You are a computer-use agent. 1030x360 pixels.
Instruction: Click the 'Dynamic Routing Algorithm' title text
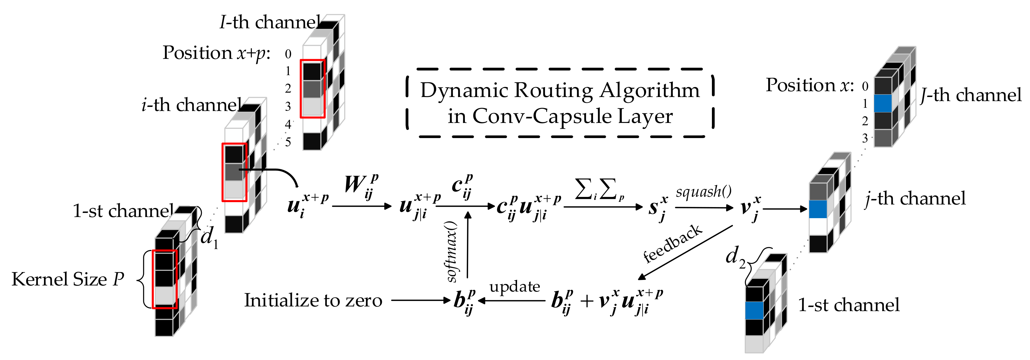(x=560, y=90)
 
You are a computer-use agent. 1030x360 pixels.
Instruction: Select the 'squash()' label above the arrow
(x=704, y=192)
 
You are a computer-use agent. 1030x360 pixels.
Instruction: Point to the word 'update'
(x=515, y=286)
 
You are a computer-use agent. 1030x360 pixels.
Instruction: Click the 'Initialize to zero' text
(x=313, y=300)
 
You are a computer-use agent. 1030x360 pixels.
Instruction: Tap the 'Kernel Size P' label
(x=68, y=279)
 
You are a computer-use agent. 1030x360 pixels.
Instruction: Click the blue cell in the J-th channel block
(x=883, y=103)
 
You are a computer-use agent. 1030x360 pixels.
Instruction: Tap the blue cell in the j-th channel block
(x=818, y=209)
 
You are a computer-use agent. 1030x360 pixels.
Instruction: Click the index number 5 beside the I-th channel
(x=288, y=142)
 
